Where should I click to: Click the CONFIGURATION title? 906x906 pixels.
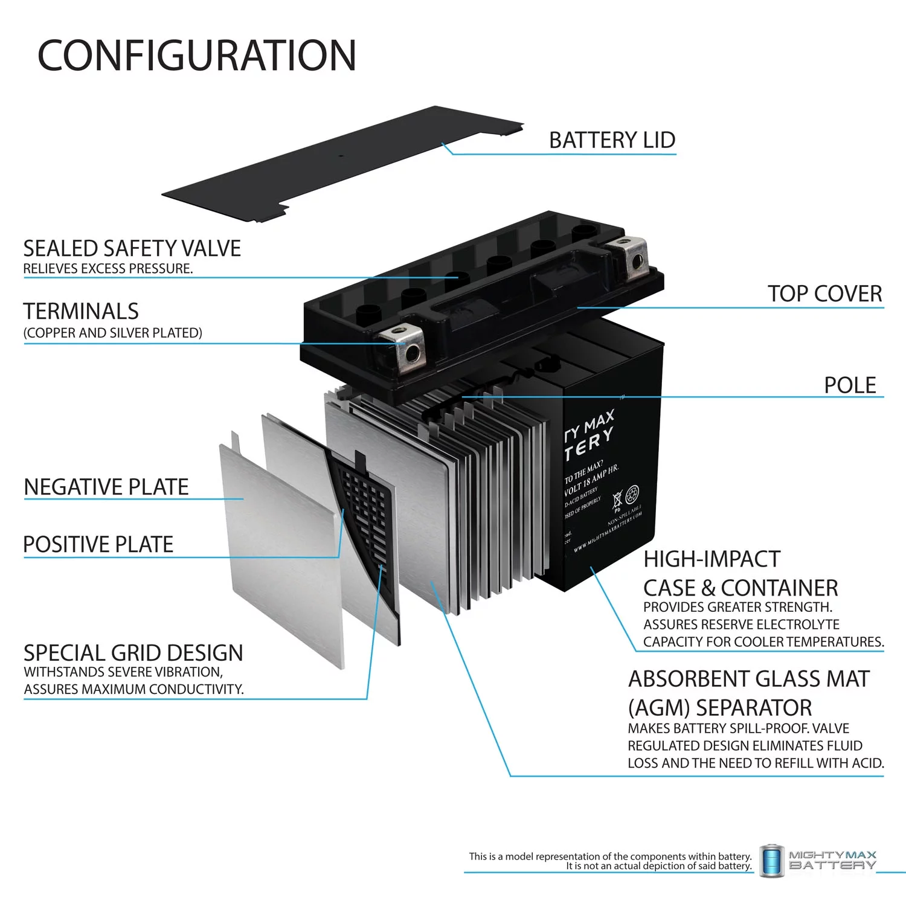[x=197, y=56]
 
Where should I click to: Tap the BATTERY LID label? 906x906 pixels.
[x=612, y=140]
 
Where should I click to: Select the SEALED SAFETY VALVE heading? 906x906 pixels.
[x=132, y=249]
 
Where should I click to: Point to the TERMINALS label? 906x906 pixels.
[x=81, y=312]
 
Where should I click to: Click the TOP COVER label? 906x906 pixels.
[x=824, y=294]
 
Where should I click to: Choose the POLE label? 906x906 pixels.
[x=850, y=385]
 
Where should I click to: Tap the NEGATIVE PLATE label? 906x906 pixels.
[x=106, y=487]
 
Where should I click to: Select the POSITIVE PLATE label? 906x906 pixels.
[x=98, y=544]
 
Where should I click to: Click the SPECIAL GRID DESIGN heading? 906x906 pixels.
[x=133, y=653]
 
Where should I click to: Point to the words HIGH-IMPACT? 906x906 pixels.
[x=712, y=559]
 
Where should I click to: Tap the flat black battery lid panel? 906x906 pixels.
[x=338, y=163]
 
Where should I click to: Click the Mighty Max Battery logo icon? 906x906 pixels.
[x=771, y=860]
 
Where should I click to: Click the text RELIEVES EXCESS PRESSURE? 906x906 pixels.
[x=108, y=269]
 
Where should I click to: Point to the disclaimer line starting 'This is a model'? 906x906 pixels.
[x=610, y=856]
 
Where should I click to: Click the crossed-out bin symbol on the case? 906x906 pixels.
[x=617, y=500]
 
